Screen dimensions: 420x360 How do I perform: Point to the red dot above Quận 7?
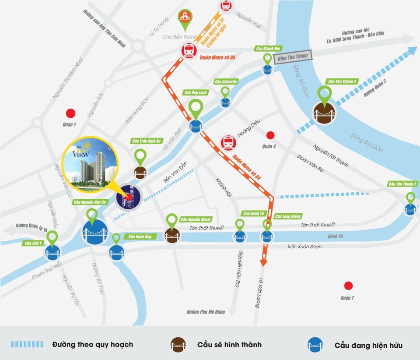[348, 286]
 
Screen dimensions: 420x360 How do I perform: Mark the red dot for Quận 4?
[270, 135]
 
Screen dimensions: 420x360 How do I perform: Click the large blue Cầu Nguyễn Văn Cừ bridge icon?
[94, 232]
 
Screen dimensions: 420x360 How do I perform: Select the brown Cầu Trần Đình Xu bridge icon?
[140, 172]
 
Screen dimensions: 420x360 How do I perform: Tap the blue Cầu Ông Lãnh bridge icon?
[196, 127]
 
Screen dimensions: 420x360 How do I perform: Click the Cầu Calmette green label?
[226, 81]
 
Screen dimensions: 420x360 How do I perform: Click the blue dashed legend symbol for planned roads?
[27, 344]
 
